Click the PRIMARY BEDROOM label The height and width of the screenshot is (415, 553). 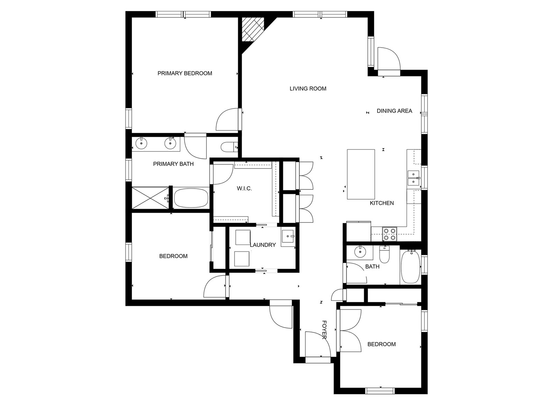[185, 73]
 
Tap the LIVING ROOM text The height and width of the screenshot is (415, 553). [308, 89]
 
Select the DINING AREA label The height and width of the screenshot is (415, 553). [394, 111]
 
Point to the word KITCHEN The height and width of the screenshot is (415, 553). [382, 203]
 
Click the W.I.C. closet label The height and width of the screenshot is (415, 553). [244, 188]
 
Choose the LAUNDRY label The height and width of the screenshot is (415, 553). [263, 245]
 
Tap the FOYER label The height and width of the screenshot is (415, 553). [325, 330]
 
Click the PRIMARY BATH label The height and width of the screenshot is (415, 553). [173, 164]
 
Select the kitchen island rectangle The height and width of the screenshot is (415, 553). [361, 174]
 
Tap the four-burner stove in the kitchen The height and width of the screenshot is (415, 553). [390, 234]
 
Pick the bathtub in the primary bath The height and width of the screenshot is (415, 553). [191, 198]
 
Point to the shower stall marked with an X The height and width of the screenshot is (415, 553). [150, 198]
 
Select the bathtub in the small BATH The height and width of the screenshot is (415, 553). [411, 266]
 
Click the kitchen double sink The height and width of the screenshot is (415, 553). [413, 178]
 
